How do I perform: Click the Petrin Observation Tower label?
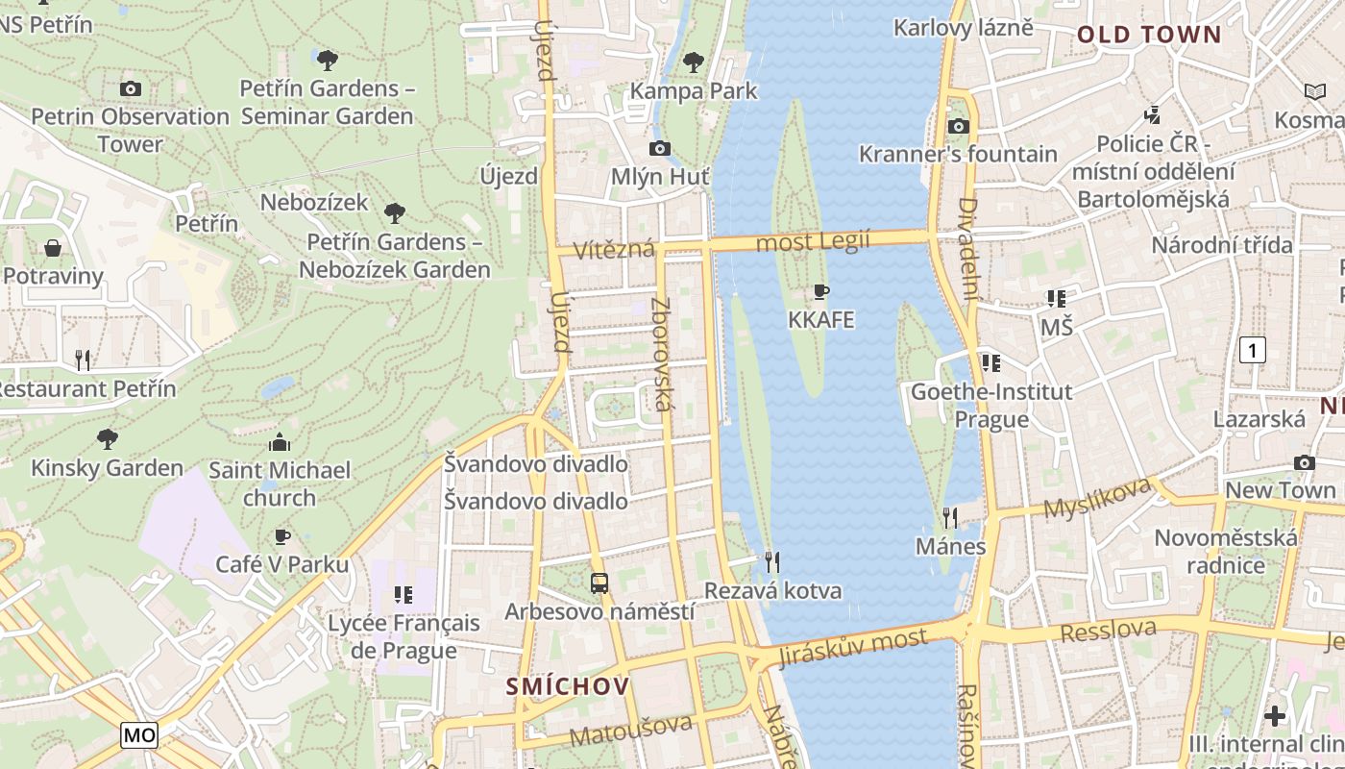(130, 130)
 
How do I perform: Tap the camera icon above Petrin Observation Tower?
(131, 88)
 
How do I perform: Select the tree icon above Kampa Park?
(693, 62)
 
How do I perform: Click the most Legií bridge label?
(813, 241)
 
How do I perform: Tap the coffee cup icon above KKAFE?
(820, 291)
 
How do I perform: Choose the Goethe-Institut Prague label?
(991, 406)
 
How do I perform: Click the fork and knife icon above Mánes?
(950, 518)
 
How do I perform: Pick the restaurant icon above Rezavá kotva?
(771, 561)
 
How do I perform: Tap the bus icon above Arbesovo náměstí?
(599, 583)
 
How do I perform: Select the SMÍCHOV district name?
(568, 686)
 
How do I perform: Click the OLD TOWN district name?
(1148, 36)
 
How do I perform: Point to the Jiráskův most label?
(853, 646)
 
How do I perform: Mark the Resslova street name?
(1109, 631)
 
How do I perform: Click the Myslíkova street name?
(1097, 497)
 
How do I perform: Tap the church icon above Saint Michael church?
(280, 442)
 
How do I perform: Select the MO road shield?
(139, 735)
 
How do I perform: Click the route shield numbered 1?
(1252, 350)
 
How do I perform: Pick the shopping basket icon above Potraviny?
(53, 248)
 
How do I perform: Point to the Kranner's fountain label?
(957, 154)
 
